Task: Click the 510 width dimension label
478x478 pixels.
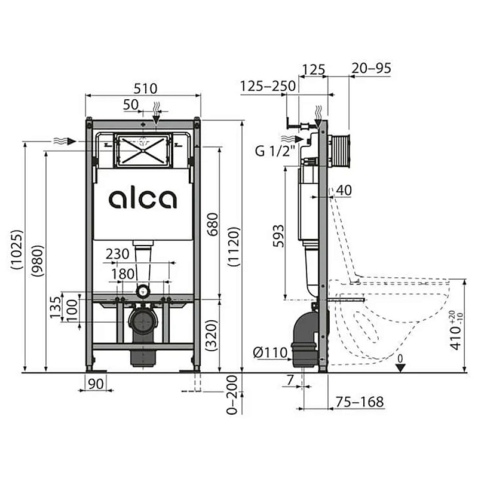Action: pyautogui.click(x=145, y=88)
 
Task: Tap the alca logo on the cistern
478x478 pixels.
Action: pyautogui.click(x=143, y=199)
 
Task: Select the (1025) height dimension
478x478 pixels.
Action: pyautogui.click(x=17, y=249)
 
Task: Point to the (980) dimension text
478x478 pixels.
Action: pyautogui.click(x=38, y=261)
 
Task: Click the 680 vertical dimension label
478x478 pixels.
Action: pyautogui.click(x=213, y=224)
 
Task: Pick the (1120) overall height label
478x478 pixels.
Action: pyautogui.click(x=234, y=247)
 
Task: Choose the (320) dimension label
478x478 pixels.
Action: pyautogui.click(x=212, y=335)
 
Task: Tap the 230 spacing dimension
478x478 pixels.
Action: pyautogui.click(x=117, y=253)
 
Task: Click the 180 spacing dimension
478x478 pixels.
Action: pyautogui.click(x=122, y=274)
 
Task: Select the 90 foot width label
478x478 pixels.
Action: pyautogui.click(x=96, y=384)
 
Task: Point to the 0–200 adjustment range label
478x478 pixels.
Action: pyautogui.click(x=232, y=394)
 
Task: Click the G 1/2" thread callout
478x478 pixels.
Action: pyautogui.click(x=275, y=151)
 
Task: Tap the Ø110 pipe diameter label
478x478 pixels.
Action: pyautogui.click(x=271, y=353)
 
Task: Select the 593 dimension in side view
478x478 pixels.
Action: pyautogui.click(x=278, y=236)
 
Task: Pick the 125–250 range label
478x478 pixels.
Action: pyautogui.click(x=268, y=86)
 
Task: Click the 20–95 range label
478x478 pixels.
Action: pyautogui.click(x=371, y=68)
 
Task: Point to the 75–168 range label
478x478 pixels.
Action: pyautogui.click(x=360, y=402)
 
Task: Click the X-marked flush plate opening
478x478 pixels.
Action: pyautogui.click(x=143, y=151)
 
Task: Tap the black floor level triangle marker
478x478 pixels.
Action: pyautogui.click(x=400, y=368)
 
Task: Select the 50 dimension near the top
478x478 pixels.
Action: pyautogui.click(x=131, y=105)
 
